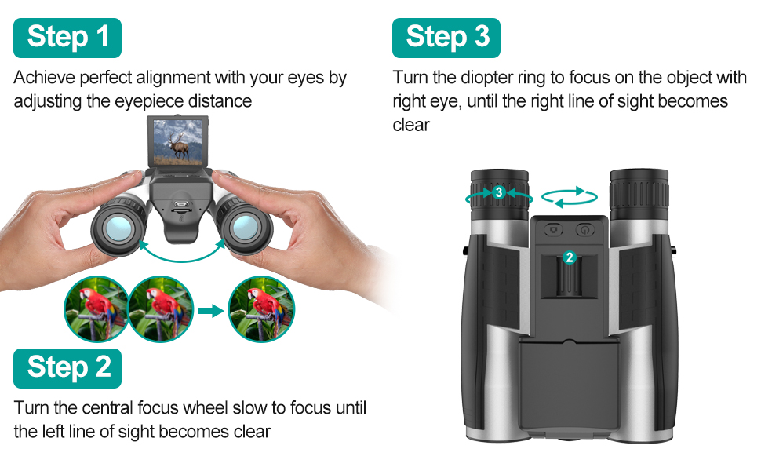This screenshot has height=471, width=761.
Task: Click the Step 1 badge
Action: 67,38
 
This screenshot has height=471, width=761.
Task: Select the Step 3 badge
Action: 446,38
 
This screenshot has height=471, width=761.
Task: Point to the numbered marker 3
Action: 499,192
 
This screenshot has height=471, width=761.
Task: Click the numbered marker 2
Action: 570,257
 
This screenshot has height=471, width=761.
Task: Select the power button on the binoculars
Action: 584,230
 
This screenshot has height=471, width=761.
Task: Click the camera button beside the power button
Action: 555,230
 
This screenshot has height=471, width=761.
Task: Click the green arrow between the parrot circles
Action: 209,311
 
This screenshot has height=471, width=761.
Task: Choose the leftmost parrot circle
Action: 96,309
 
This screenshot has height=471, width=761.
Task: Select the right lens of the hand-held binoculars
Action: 241,228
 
